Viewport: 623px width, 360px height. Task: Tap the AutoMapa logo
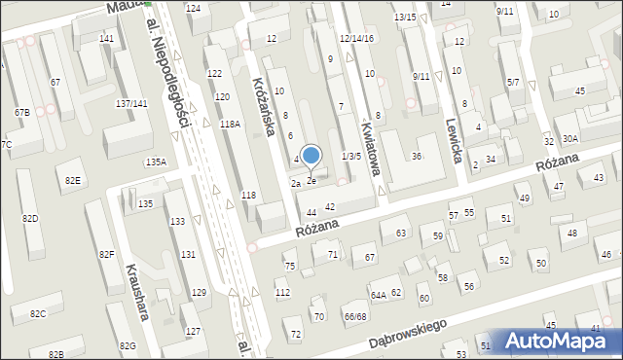tap(560, 342)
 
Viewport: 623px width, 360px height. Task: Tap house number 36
tap(416, 157)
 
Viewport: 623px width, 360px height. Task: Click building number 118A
tap(230, 125)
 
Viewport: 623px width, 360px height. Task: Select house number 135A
tap(156, 162)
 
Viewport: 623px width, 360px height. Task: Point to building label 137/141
tap(131, 103)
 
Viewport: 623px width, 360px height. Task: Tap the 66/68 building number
tap(354, 316)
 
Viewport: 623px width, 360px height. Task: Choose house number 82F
tap(106, 255)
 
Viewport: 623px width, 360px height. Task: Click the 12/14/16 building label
tap(355, 37)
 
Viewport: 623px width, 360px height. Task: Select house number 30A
tap(569, 139)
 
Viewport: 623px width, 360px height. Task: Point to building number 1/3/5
tap(351, 156)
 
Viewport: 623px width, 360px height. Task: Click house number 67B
tap(21, 113)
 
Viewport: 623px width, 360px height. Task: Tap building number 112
tap(282, 293)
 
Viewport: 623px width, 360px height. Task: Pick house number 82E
tap(73, 181)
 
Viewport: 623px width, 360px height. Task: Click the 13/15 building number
tap(405, 18)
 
